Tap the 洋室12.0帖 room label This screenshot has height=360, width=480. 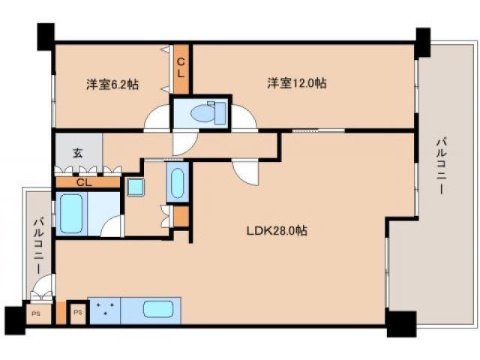(296, 83)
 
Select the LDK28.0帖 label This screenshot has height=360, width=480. (277, 231)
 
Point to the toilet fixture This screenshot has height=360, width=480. (202, 113)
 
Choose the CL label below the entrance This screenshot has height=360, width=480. (85, 182)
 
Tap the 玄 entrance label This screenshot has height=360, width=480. (77, 153)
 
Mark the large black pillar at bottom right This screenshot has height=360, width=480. (400, 323)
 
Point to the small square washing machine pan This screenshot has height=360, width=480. (135, 187)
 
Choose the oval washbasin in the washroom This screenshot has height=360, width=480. (176, 184)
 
